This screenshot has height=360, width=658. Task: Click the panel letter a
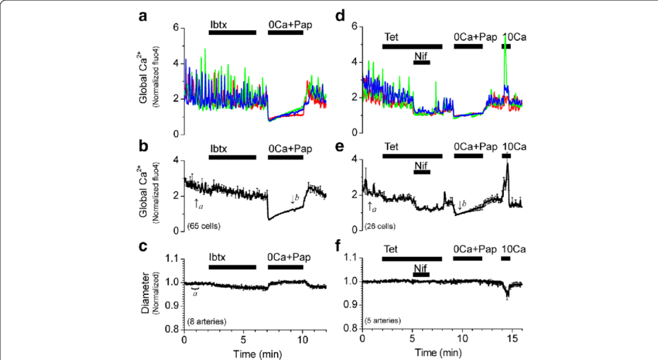coord(141,15)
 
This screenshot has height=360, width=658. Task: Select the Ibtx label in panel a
coord(221,24)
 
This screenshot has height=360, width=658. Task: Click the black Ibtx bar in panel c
coord(232,266)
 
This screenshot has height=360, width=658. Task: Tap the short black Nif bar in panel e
coord(422,173)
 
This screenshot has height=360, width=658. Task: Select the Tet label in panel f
coord(391,249)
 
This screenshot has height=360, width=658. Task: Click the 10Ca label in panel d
coord(513,36)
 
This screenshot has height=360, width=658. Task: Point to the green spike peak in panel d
coord(505,35)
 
